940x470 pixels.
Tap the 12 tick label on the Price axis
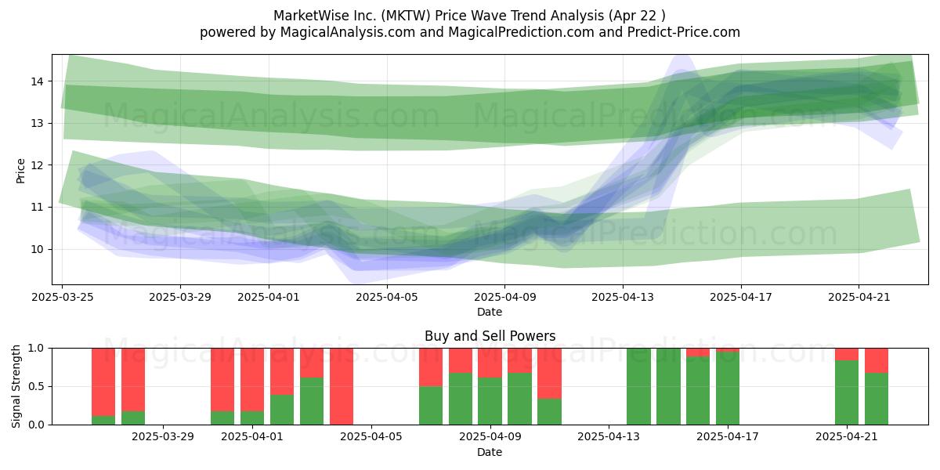pos(37,165)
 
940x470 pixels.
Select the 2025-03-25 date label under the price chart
pos(63,297)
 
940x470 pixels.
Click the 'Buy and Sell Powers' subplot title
pos(490,336)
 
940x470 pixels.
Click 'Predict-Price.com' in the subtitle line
pos(684,32)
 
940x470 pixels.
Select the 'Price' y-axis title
pos(20,171)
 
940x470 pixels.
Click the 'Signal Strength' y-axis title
pos(16,386)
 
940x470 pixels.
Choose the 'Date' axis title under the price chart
pos(490,312)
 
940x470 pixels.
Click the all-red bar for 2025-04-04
pos(342,386)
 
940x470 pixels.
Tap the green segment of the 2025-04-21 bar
pos(847,392)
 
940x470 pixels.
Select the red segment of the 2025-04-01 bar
pos(252,380)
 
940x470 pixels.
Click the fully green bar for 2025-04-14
pos(638,386)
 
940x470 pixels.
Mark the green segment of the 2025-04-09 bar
pos(490,401)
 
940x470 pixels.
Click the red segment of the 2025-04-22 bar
pos(877,360)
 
